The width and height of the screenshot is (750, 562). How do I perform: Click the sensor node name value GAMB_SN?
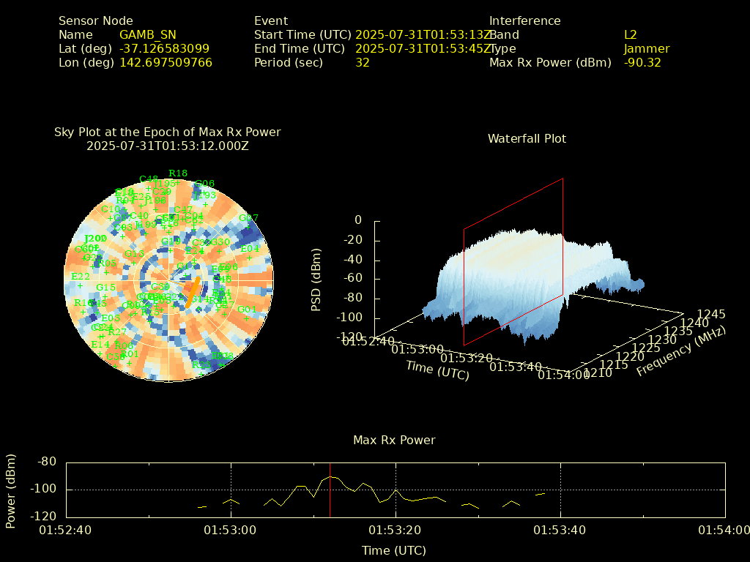click(147, 34)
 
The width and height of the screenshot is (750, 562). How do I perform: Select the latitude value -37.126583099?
click(164, 48)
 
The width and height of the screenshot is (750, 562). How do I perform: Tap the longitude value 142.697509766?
click(166, 62)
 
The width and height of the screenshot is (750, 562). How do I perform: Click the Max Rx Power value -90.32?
click(642, 62)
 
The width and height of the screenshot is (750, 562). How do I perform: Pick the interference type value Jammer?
click(646, 48)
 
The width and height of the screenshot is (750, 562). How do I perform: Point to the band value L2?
click(631, 34)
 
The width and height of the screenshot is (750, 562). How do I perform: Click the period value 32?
click(362, 62)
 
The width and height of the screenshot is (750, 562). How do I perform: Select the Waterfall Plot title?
click(527, 138)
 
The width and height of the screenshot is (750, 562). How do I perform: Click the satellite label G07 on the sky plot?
click(248, 217)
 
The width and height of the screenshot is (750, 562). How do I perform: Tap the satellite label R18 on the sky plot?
click(177, 173)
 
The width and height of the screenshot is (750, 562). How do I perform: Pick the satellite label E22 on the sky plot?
click(80, 276)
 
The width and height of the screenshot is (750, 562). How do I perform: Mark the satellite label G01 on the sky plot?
click(247, 309)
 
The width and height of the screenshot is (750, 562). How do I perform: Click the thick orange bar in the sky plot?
click(193, 291)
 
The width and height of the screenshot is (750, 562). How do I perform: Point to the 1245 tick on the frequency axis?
click(711, 314)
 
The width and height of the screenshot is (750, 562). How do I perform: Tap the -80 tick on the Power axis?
click(47, 462)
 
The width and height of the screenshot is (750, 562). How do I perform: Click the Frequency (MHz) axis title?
click(681, 351)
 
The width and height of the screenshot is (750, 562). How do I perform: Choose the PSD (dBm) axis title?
click(316, 279)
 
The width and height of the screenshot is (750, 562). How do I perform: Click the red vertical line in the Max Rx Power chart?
click(330, 498)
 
